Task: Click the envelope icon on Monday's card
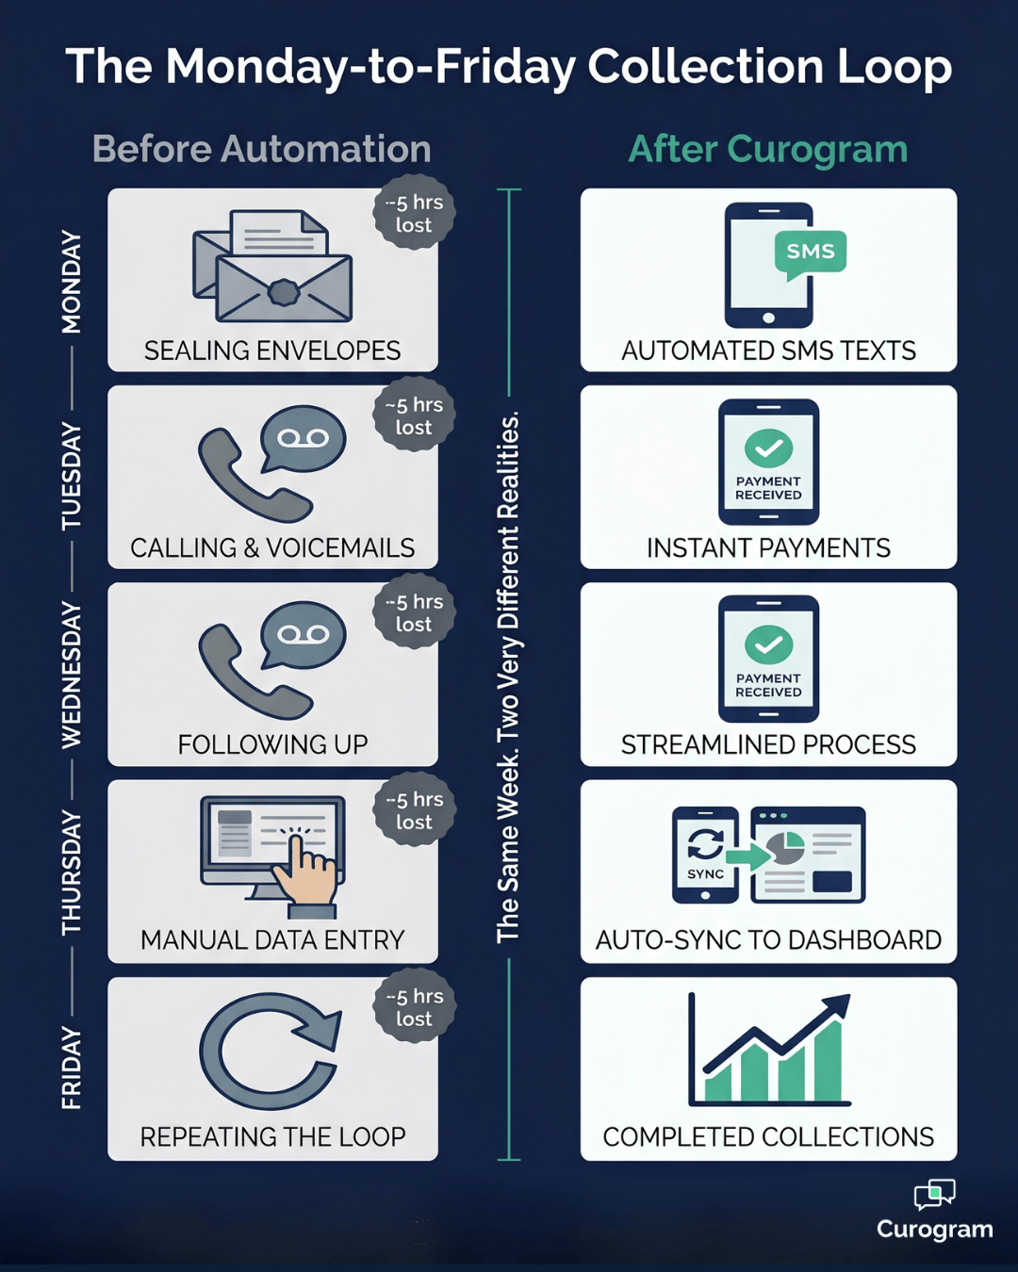[272, 268]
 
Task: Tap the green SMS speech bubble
[810, 253]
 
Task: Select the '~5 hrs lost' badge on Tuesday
[414, 416]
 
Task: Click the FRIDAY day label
[72, 1068]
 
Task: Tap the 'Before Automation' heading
[261, 149]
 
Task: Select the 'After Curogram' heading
[767, 149]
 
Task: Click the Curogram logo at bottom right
[934, 1210]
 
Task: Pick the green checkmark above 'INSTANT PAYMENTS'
[768, 448]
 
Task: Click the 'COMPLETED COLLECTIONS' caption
[768, 1137]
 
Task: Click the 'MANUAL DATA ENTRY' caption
[272, 940]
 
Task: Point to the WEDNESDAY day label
[72, 675]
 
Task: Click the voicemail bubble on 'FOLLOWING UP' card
[303, 636]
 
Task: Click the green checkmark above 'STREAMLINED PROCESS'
[768, 644]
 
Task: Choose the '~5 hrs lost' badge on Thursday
[414, 810]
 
